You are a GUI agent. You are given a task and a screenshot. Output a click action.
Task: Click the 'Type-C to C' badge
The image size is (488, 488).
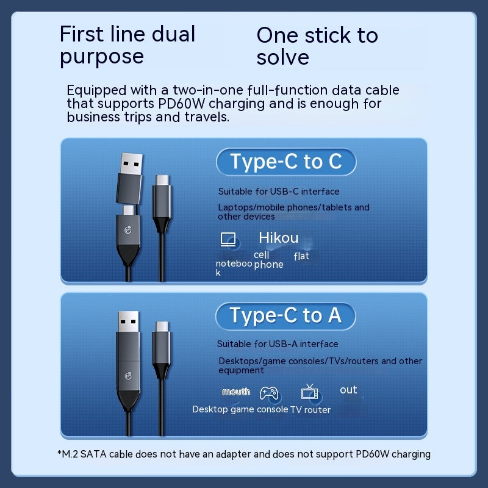(286, 162)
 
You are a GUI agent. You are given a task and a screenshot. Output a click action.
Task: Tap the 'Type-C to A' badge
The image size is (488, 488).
(285, 316)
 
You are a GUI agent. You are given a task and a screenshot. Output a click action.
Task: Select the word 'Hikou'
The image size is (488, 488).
(279, 238)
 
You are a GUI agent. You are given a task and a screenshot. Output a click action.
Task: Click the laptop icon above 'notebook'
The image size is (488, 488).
(228, 239)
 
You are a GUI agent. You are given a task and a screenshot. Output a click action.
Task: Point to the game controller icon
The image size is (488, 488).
(269, 393)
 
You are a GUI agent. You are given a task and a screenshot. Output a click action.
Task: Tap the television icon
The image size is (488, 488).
(309, 392)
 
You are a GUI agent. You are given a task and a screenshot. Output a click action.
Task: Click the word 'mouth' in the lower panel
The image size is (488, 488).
(236, 392)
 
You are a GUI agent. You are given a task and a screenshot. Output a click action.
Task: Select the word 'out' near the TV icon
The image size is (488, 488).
(348, 390)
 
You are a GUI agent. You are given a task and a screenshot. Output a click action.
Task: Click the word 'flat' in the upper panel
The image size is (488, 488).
(301, 256)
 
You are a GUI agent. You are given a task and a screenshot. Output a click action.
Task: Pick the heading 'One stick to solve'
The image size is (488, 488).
(317, 46)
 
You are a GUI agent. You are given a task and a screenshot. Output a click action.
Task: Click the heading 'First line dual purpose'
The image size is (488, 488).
(127, 45)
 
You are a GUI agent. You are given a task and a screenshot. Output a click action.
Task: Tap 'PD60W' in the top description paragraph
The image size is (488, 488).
(181, 104)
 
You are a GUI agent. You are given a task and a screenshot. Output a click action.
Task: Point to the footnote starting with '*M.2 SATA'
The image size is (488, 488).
(244, 454)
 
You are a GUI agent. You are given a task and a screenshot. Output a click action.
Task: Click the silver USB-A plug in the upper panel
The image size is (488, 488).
(132, 164)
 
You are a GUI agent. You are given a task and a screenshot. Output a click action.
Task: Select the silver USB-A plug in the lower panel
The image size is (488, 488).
(128, 321)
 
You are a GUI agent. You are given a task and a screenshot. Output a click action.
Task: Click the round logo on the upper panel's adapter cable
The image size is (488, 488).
(128, 230)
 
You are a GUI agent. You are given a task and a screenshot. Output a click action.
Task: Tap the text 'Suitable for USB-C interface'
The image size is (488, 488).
(279, 192)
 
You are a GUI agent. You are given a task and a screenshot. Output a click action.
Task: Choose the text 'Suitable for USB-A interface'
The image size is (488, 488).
(278, 344)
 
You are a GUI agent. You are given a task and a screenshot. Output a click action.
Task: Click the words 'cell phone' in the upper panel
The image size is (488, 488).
(268, 260)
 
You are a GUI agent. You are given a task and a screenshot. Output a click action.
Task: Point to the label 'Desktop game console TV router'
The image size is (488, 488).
(262, 409)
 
